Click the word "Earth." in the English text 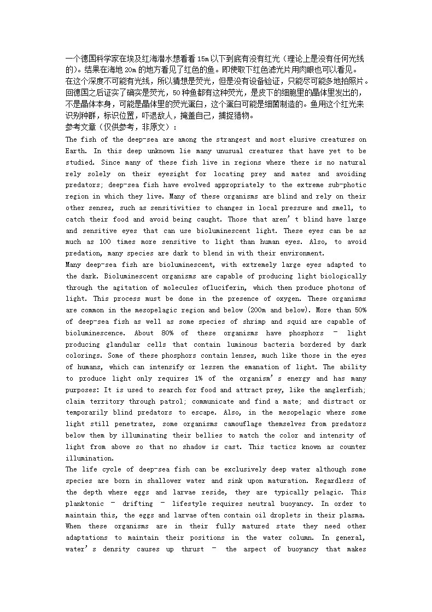[76, 151]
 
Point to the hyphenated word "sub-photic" [346, 185]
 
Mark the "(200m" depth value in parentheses [258, 310]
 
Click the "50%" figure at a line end [359, 310]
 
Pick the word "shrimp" [252, 322]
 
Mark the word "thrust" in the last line [192, 549]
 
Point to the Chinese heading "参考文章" [80, 127]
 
